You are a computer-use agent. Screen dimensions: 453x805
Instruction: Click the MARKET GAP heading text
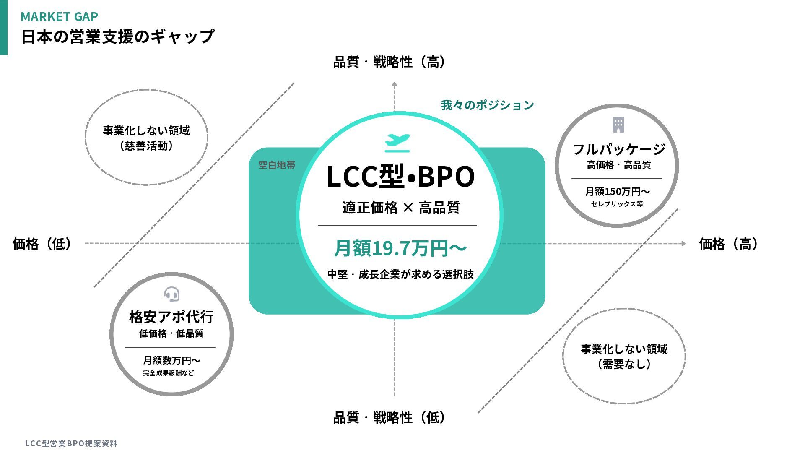click(59, 16)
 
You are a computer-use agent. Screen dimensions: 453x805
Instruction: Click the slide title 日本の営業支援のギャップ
click(117, 36)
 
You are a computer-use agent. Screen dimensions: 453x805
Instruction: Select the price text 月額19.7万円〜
click(400, 248)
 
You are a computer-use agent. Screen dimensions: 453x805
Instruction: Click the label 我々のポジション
click(487, 105)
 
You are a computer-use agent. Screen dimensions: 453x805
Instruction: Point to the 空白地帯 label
click(277, 165)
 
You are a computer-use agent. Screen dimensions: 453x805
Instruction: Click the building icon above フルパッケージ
click(618, 125)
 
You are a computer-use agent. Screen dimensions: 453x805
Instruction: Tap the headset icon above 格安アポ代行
click(171, 294)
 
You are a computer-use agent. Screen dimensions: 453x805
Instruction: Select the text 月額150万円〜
click(617, 192)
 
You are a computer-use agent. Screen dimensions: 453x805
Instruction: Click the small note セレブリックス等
click(617, 204)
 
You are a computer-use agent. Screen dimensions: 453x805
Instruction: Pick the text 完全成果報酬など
click(169, 373)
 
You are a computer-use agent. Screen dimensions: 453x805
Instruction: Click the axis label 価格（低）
click(42, 244)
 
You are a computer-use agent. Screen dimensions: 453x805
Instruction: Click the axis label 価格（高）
click(728, 244)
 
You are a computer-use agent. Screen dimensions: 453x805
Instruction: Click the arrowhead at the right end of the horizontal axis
click(683, 243)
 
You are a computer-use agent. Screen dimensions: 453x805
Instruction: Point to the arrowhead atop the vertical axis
click(394, 84)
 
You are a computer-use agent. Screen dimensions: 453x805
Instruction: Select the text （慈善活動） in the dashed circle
click(146, 146)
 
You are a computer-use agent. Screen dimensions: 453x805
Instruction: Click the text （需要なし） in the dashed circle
click(624, 364)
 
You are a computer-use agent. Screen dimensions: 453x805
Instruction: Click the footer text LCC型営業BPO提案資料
click(71, 443)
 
